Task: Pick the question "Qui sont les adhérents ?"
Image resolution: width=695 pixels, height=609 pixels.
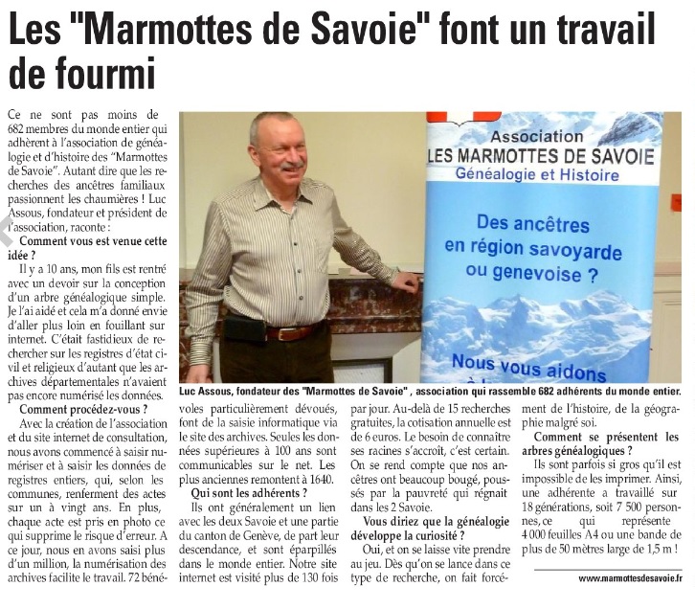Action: click(249, 492)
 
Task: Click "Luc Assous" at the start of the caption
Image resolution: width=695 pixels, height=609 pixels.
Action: click(209, 392)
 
